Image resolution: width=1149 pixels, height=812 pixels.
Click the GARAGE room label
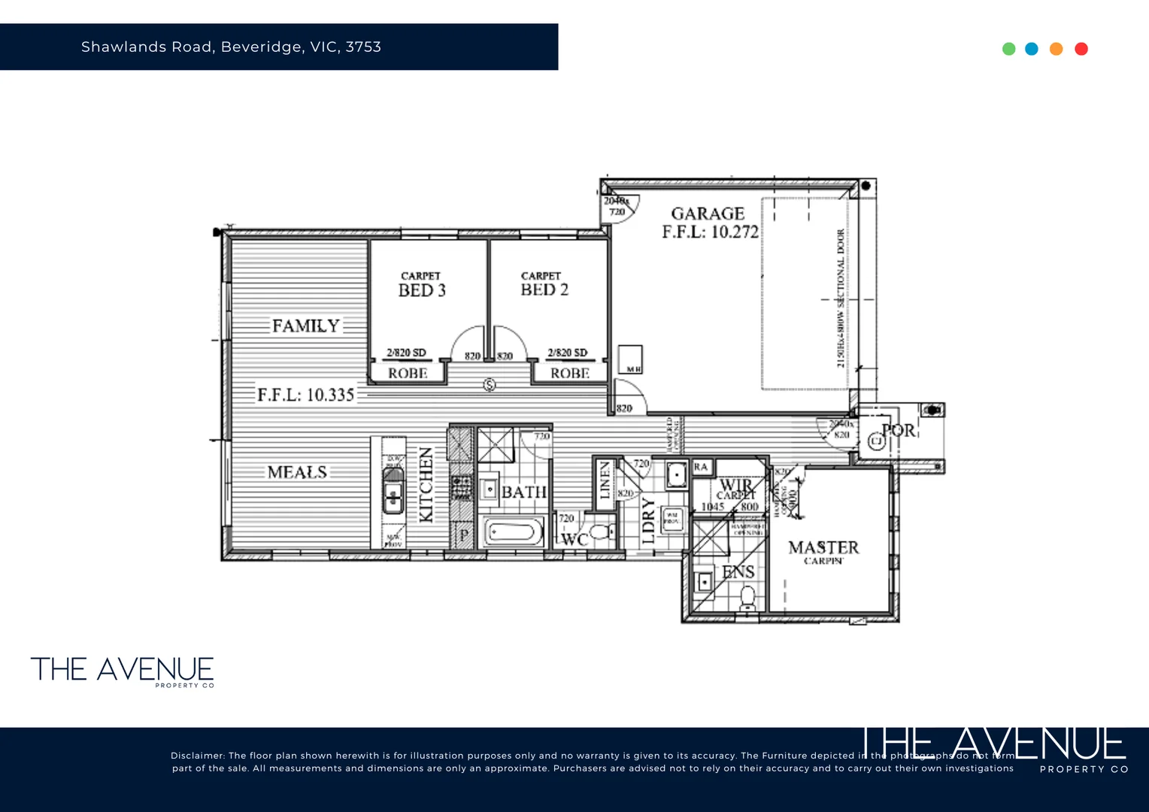(708, 214)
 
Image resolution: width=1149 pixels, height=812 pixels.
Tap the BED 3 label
(422, 290)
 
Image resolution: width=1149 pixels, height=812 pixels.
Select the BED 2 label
(544, 289)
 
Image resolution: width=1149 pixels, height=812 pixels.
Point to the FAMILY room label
(305, 326)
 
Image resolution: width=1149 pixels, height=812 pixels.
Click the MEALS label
(297, 472)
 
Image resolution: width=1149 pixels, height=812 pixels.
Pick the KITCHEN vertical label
(426, 485)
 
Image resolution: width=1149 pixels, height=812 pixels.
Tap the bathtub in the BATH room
(514, 533)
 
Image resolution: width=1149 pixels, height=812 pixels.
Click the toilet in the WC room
(599, 533)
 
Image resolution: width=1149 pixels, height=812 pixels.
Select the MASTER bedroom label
(823, 547)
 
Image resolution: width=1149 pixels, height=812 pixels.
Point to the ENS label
(738, 572)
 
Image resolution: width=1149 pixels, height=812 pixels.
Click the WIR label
(735, 485)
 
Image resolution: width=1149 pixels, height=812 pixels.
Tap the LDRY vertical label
(648, 521)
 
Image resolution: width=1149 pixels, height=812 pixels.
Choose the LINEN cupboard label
(605, 480)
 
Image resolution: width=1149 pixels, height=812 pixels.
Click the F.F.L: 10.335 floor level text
(305, 395)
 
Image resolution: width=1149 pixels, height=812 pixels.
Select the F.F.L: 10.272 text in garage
(710, 232)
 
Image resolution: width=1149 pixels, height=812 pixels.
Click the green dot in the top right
(1009, 49)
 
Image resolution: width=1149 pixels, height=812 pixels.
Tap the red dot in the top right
(1081, 49)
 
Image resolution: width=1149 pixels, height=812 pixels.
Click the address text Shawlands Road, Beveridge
(231, 47)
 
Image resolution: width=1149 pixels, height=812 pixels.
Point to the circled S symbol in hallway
(490, 385)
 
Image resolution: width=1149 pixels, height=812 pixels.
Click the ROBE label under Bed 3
(408, 373)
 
